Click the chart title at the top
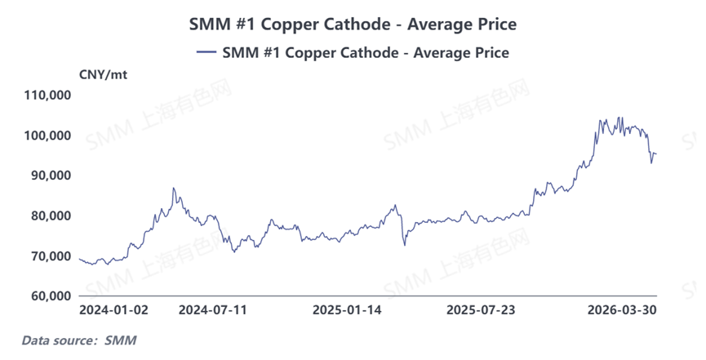353,24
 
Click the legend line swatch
206,52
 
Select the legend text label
365,52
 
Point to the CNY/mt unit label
103,75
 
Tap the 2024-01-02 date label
113,310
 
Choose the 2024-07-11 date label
212,310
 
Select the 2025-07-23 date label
481,310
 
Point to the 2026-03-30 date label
623,310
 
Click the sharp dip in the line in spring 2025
405,244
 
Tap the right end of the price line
656,154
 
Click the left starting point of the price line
79,259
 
